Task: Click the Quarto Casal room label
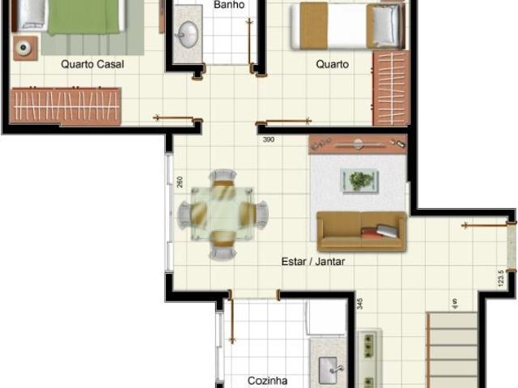(x=92, y=64)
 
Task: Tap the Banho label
(x=229, y=5)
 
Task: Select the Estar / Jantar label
(x=313, y=262)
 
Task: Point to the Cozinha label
(x=267, y=381)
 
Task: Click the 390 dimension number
(x=269, y=140)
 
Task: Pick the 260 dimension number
(x=180, y=182)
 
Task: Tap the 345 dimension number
(x=360, y=304)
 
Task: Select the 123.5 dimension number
(x=501, y=279)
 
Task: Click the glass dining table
(x=222, y=213)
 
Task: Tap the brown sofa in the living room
(x=362, y=232)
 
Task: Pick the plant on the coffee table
(x=359, y=180)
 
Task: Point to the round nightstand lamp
(x=23, y=48)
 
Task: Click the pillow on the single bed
(x=383, y=26)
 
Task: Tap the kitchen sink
(x=329, y=370)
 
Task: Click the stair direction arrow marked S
(x=455, y=304)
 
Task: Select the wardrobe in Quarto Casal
(x=66, y=106)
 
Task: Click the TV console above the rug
(x=358, y=144)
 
